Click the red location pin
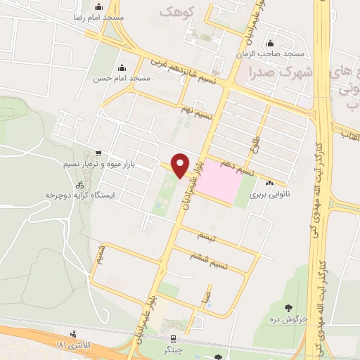(181, 165)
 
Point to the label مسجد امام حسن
(122, 79)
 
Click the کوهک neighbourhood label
(175, 12)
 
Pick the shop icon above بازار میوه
(98, 153)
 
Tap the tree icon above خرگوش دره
(288, 307)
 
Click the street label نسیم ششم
(210, 259)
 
